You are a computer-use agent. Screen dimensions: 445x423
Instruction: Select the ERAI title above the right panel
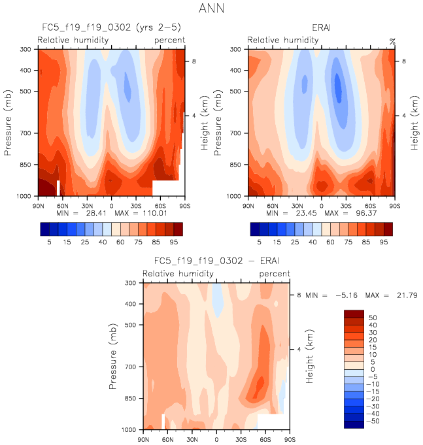coord(321,28)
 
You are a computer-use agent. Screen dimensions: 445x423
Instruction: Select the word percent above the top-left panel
coord(169,41)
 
